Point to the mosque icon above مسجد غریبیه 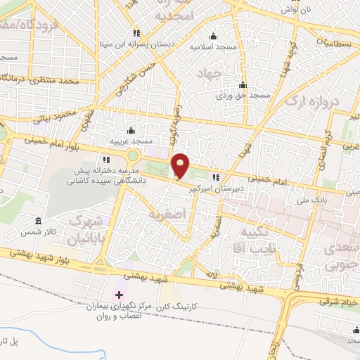click(x=131, y=130)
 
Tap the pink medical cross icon click(x=118, y=295)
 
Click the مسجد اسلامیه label click(x=212, y=47)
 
